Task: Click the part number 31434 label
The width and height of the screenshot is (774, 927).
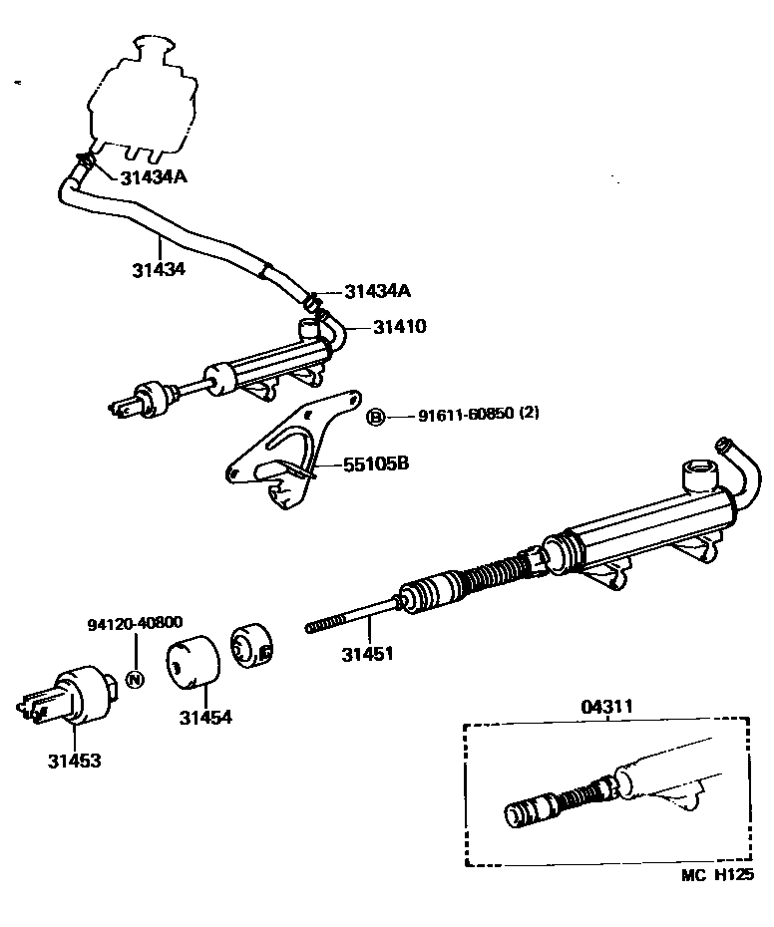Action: (158, 269)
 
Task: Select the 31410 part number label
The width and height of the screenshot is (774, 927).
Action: (400, 326)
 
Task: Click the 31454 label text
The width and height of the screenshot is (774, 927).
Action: (206, 716)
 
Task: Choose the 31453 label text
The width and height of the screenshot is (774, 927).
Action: (74, 761)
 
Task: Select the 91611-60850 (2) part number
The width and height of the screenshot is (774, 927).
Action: (466, 416)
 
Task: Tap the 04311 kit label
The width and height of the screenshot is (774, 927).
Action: (608, 708)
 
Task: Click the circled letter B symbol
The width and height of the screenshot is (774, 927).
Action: (376, 417)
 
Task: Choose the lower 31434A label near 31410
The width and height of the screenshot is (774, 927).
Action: (378, 291)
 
